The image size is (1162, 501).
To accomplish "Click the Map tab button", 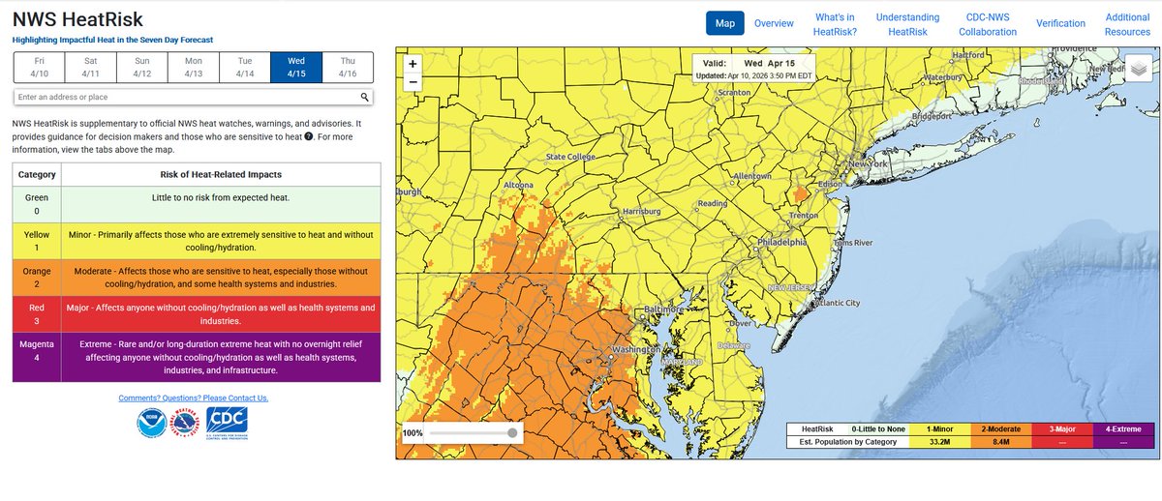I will click(724, 23).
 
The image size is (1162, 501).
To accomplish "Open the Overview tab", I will click(774, 23).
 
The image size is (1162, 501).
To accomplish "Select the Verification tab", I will click(1060, 23).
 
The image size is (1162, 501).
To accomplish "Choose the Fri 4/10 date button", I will click(40, 67).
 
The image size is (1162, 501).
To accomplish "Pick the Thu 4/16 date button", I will click(347, 67).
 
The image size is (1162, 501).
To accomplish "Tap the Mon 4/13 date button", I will click(193, 67).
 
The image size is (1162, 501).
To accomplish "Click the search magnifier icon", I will click(365, 97).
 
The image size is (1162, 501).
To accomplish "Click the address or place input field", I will click(184, 97).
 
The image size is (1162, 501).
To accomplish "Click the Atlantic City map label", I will click(837, 303).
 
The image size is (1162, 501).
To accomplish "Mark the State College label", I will click(570, 157).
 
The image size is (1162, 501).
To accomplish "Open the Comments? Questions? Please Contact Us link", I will click(194, 398).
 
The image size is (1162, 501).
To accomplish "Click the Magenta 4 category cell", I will click(37, 357).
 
